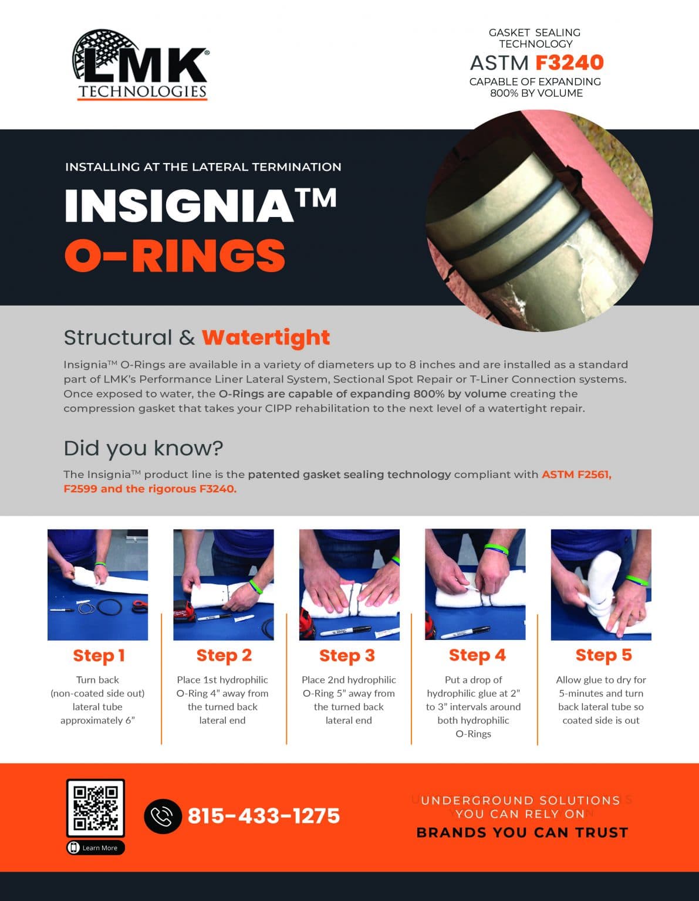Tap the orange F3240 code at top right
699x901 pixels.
click(569, 62)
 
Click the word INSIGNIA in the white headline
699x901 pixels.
click(179, 206)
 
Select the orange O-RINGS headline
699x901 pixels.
click(174, 256)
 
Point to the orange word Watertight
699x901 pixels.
click(265, 337)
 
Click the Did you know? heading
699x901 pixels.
click(143, 448)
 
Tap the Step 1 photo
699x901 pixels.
click(97, 584)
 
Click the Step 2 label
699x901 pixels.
click(224, 655)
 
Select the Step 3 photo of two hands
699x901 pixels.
click(349, 584)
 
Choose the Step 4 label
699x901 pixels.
click(477, 655)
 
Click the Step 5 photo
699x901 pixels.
click(601, 584)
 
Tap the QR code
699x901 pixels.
click(95, 808)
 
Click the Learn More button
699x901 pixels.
click(96, 848)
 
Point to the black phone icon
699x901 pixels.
click(163, 816)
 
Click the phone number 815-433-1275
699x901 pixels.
click(264, 816)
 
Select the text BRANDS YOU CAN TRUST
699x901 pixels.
click(522, 832)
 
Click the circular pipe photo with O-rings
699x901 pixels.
click(539, 221)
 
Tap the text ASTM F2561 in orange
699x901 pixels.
click(576, 474)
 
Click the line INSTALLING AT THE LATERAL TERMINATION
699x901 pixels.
click(203, 167)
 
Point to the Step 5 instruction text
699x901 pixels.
click(601, 700)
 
